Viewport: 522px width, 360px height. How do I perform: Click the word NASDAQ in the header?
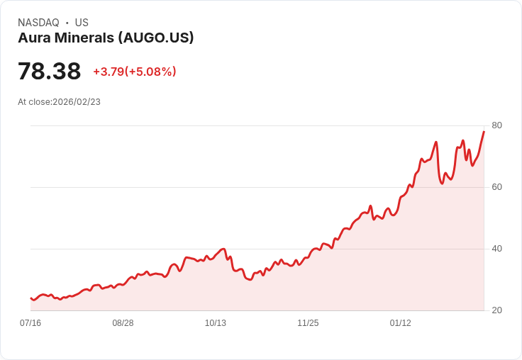point(38,23)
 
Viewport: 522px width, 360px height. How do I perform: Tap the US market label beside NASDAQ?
point(82,23)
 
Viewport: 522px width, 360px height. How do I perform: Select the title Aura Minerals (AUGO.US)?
point(106,38)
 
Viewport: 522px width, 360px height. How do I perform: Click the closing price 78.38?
point(49,72)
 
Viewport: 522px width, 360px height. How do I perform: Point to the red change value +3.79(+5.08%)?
point(135,72)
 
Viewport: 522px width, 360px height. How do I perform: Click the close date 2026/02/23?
point(77,102)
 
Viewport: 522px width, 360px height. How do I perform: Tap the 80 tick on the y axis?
point(496,125)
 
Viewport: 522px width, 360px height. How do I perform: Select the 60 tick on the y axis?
point(496,187)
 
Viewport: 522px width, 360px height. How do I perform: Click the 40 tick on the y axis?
point(496,249)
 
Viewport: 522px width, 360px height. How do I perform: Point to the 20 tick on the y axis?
point(496,310)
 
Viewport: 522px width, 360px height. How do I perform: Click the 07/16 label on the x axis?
point(30,323)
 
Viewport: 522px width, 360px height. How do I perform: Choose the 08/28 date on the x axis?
point(123,323)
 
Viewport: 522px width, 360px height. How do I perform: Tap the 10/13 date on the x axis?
point(216,323)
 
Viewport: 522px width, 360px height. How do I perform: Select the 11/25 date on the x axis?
point(308,323)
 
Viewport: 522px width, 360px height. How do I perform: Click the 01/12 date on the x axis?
point(401,323)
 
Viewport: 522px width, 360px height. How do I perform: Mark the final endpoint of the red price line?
point(484,132)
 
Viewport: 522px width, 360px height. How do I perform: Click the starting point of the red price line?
point(31,298)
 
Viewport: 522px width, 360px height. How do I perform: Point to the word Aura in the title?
point(33,38)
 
